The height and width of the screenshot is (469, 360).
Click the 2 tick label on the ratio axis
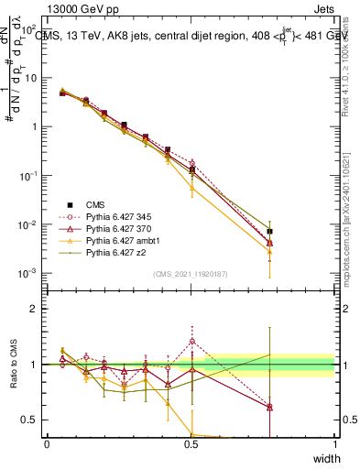pos(35,309)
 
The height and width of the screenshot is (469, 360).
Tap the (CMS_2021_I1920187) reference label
pos(191,273)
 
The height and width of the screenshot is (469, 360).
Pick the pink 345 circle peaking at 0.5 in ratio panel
pos(191,342)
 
